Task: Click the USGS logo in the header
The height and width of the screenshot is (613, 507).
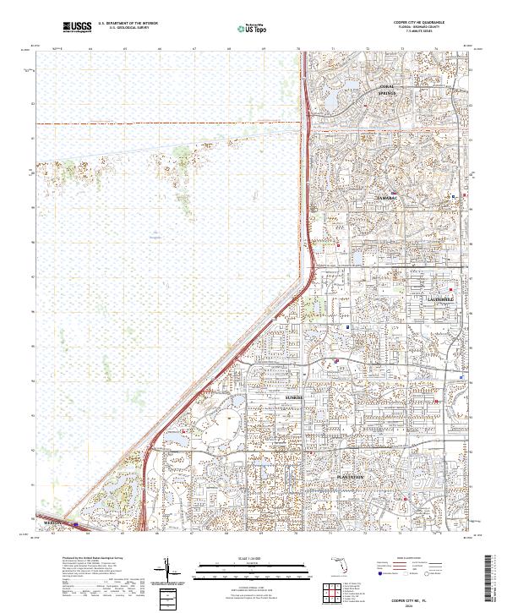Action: pos(77,28)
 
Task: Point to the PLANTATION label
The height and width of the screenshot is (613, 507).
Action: pos(350,477)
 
